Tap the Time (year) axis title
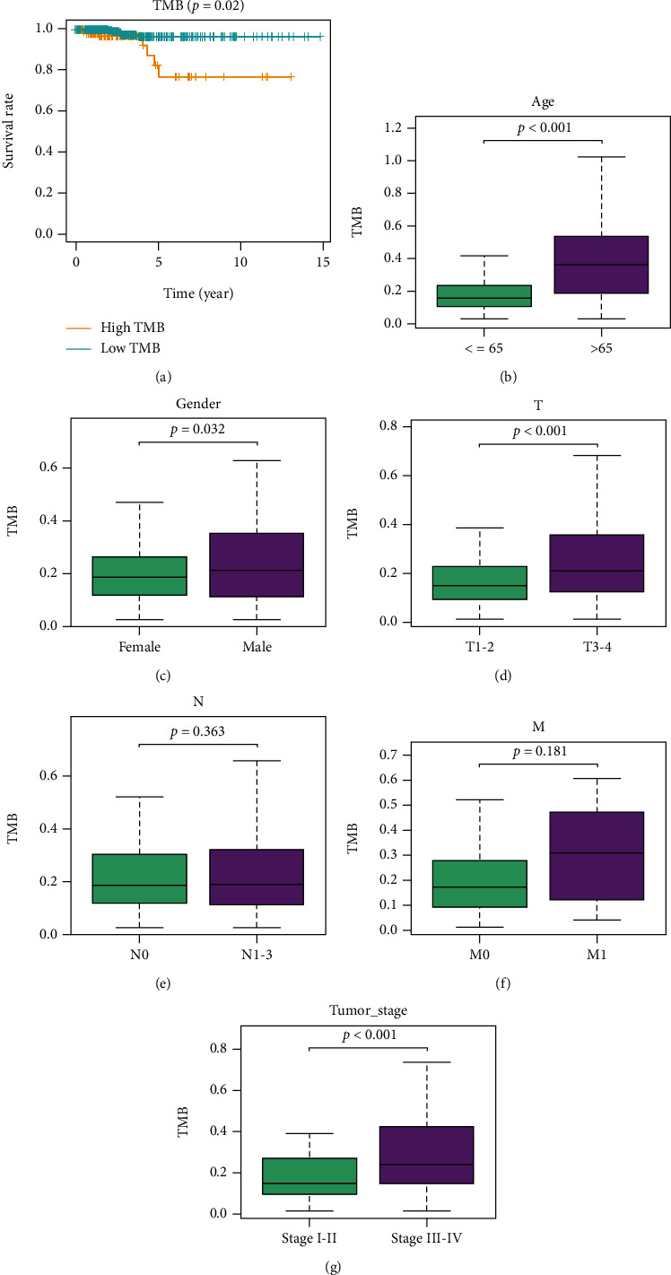[199, 292]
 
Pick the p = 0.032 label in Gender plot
[198, 429]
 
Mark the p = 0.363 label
[198, 731]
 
